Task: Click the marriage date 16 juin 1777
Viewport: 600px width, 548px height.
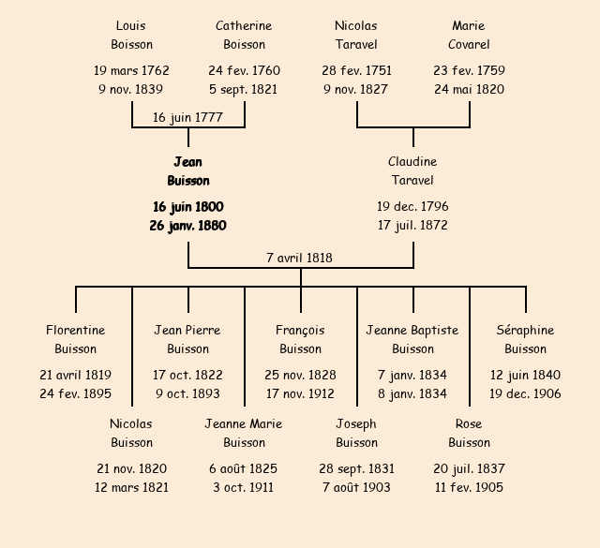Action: coord(187,117)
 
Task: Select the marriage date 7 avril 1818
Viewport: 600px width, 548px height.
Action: coord(300,258)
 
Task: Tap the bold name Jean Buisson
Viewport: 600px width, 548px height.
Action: coord(187,171)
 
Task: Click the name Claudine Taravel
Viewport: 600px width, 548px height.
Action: coord(412,171)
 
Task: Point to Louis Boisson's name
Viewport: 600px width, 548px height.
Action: coord(131,35)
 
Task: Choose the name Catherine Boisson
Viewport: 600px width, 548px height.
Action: coord(244,35)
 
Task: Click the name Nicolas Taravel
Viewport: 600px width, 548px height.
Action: coord(356,35)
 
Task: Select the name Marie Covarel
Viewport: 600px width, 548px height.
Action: coord(469,35)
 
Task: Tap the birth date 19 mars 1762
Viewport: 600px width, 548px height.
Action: coord(131,70)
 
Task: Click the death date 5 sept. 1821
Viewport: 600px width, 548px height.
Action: coord(244,90)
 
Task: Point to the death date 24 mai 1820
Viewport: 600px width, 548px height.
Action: coord(469,90)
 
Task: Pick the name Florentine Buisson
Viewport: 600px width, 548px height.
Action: coord(75,339)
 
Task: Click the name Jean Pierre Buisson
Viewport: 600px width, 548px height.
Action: coord(187,339)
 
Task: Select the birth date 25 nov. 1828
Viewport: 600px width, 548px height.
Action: coord(300,375)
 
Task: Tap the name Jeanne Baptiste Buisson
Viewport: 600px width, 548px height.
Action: coord(412,339)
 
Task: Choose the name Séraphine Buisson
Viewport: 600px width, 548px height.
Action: coord(525,339)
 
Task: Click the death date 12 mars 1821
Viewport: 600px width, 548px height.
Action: coord(131,487)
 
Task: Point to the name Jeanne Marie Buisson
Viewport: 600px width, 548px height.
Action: coord(244,433)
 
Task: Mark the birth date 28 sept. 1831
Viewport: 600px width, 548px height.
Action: coord(356,468)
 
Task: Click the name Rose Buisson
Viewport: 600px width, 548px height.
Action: coord(469,433)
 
